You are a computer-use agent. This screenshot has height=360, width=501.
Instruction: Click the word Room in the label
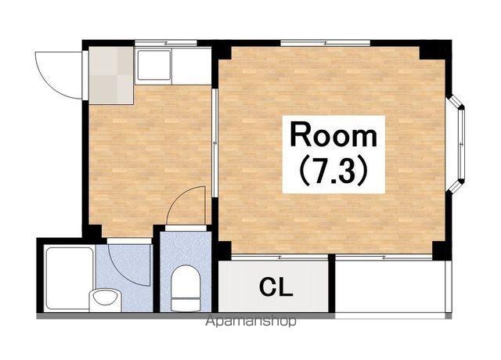(x=333, y=135)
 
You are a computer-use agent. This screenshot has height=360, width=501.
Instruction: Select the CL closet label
(x=276, y=287)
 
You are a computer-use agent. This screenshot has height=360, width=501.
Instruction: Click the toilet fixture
(x=186, y=288)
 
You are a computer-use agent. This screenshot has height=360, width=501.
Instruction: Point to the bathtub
(x=68, y=279)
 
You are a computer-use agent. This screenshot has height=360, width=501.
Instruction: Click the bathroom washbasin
(x=105, y=299)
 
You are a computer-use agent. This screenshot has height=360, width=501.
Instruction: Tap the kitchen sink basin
(x=153, y=65)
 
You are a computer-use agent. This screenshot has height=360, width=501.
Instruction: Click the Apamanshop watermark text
(x=250, y=321)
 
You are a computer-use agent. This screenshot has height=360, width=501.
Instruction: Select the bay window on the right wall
(x=456, y=144)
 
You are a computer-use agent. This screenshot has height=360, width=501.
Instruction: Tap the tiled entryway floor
(x=111, y=75)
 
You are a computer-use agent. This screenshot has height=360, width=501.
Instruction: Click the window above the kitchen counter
(x=166, y=43)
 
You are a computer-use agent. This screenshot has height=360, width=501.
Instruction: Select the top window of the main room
(x=326, y=43)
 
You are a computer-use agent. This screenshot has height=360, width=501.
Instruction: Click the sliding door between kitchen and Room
(x=215, y=142)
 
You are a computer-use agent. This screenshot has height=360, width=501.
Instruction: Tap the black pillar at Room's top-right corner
(x=435, y=50)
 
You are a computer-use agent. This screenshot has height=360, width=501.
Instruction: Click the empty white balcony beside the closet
(x=390, y=286)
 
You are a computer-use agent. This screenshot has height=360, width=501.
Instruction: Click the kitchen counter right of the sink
(x=191, y=66)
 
